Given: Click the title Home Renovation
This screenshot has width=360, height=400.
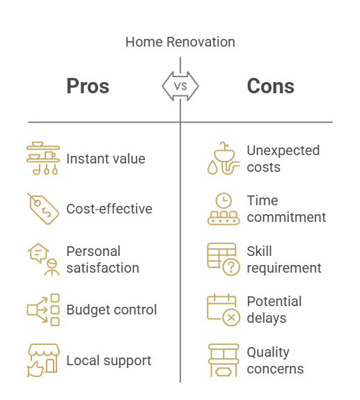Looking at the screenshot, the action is (x=180, y=42).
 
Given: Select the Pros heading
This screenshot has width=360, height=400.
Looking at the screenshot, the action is (x=88, y=86).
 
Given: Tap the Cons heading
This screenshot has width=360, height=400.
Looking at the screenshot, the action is (x=271, y=86).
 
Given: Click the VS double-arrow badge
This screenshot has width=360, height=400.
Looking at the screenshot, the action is (x=180, y=86).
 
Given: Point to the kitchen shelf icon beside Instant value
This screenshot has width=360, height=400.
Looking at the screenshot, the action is (x=43, y=158).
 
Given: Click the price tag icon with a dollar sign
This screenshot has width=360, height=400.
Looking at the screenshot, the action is (x=43, y=209).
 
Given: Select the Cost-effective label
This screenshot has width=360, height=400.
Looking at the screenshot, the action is (x=109, y=209).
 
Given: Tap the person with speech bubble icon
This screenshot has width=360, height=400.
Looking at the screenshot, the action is (x=43, y=259).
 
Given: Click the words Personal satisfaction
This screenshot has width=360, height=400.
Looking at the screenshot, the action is (x=103, y=259).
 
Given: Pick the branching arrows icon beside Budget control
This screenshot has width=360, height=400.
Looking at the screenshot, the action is (x=43, y=310).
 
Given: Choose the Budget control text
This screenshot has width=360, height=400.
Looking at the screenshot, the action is (x=111, y=310).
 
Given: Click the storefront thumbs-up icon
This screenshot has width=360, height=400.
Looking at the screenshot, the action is (x=43, y=360).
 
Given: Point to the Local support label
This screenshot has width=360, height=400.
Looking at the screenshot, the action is (x=109, y=361).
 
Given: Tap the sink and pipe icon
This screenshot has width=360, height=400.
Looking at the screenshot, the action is (x=224, y=158).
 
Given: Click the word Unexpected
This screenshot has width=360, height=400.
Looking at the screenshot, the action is (x=283, y=150).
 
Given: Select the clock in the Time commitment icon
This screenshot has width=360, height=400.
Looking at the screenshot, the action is (x=224, y=200).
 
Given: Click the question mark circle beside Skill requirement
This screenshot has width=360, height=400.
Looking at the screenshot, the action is (x=231, y=267).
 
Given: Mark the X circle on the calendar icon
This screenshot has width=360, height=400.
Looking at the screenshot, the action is (x=231, y=318).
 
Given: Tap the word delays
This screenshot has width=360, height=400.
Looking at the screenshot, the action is (x=267, y=319).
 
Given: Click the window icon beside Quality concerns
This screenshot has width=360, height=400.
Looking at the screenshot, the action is (x=224, y=360).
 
